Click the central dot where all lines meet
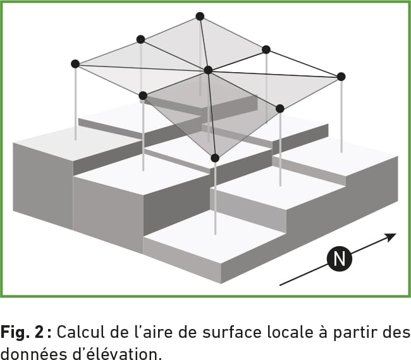point(208,70)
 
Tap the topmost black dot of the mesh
point(200,16)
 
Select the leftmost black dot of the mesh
point(75,64)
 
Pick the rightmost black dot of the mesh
point(341,77)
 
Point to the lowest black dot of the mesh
point(215,158)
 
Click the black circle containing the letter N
point(340,259)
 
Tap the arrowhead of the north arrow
point(391,237)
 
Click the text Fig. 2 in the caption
point(26,332)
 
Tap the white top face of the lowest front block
point(213,233)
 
